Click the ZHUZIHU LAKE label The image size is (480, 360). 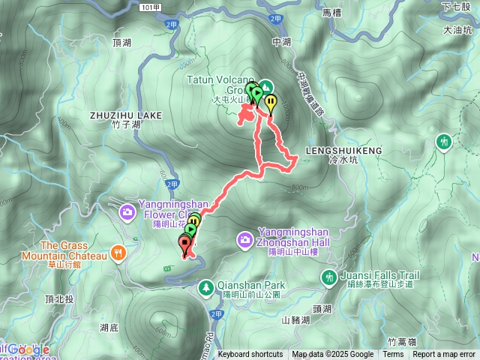point(125,115)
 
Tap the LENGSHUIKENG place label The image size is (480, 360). point(345,150)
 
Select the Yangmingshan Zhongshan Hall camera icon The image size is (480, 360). point(244,240)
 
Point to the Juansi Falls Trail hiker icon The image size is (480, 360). point(328,277)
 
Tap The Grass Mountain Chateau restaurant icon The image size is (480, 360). point(118,254)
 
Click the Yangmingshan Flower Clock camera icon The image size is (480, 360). point(128,213)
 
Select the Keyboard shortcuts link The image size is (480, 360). point(250,355)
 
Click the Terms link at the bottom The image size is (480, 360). point(393,355)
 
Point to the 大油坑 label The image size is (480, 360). point(457,31)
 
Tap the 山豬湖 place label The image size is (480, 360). point(296,319)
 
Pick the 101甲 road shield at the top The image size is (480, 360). point(151,7)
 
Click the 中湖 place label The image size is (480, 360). point(281,42)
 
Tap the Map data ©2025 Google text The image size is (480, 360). point(332,355)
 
